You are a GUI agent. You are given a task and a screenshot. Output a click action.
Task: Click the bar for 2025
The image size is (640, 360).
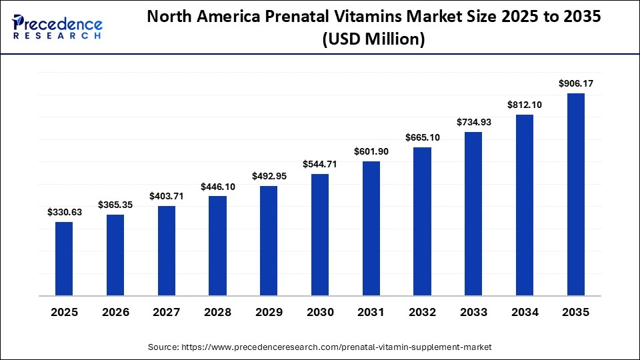(64, 259)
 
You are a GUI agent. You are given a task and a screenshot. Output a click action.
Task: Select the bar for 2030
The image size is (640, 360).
(320, 235)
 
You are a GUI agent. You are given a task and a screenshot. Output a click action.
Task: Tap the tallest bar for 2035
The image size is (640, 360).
(576, 194)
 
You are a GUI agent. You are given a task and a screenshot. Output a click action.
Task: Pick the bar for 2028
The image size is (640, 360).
(217, 245)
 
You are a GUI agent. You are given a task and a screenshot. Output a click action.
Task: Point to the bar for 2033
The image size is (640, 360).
(473, 213)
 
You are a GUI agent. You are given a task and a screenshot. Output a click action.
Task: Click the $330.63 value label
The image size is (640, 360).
(64, 212)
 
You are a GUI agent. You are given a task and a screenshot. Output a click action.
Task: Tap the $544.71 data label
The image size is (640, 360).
(320, 164)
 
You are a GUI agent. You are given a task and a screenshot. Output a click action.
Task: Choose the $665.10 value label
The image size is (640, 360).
(422, 137)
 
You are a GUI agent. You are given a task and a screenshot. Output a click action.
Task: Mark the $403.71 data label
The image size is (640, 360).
(167, 196)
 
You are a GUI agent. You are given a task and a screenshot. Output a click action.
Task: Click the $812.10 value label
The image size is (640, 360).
(525, 105)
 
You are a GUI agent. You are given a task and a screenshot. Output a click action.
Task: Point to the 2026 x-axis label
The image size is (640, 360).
(115, 312)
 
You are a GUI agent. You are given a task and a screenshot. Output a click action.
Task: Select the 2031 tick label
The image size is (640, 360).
(371, 312)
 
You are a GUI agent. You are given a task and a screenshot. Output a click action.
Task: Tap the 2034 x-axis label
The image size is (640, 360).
(525, 312)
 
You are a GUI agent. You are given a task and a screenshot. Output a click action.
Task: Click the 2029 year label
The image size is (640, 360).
(269, 312)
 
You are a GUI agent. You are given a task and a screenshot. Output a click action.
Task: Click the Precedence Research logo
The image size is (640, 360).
(57, 27)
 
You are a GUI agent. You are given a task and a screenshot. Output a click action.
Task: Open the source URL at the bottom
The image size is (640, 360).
(320, 347)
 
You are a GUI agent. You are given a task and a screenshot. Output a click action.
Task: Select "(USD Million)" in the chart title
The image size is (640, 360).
(373, 40)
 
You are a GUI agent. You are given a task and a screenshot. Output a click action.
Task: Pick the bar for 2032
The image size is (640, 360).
(422, 221)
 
